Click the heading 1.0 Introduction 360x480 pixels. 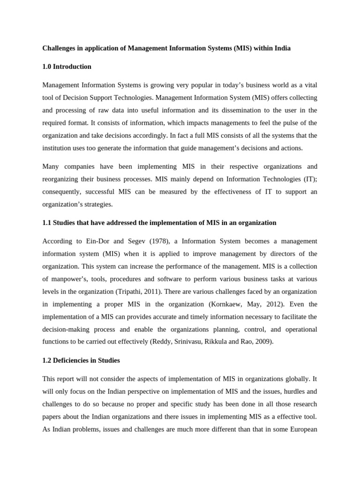[67, 67]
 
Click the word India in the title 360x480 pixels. [281, 48]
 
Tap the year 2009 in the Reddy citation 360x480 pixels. [263, 342]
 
